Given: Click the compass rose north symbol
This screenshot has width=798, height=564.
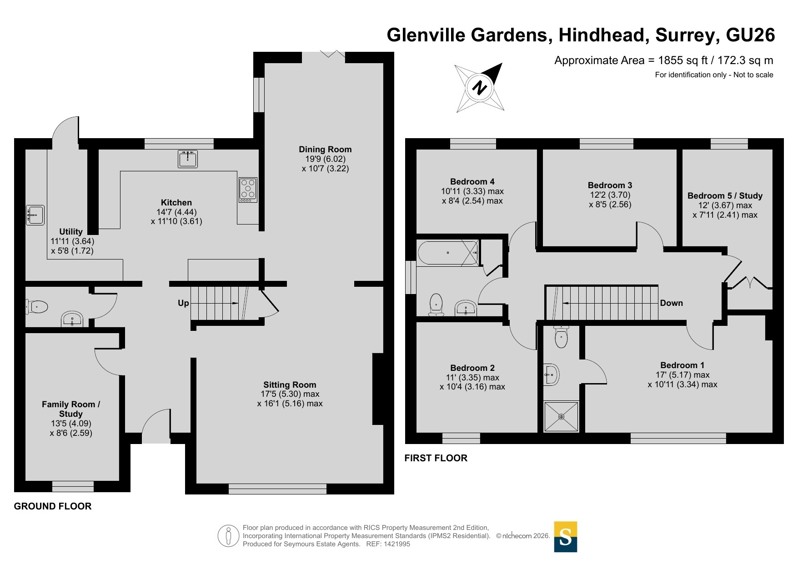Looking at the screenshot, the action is (480, 87).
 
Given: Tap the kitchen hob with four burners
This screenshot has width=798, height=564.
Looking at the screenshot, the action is (248, 190).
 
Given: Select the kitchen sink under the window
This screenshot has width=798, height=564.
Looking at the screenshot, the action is (188, 159).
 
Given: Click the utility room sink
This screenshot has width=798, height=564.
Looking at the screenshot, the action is (35, 215).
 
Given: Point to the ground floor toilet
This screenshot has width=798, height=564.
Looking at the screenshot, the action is (37, 307).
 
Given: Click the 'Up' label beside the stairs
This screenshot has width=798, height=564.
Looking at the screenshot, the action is (183, 303).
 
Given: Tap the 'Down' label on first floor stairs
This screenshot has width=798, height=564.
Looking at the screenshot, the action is (671, 303).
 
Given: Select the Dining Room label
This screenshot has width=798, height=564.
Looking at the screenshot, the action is (325, 149).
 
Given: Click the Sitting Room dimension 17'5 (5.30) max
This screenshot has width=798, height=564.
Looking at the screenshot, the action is (290, 394).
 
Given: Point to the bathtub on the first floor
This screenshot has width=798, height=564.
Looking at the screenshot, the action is (448, 253).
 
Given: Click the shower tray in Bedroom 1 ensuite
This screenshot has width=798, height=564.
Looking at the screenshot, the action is (562, 416).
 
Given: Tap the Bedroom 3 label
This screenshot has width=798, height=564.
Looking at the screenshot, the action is (610, 185).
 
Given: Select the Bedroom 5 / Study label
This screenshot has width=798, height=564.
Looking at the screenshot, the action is (725, 195).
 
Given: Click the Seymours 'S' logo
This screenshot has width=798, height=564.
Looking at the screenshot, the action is (566, 537).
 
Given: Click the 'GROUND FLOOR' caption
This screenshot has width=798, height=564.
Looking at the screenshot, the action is (53, 506).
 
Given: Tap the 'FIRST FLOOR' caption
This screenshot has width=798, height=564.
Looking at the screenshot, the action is (436, 458).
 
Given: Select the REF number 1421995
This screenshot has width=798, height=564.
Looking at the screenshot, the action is (397, 544).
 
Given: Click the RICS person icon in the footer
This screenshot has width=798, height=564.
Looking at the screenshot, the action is (228, 536).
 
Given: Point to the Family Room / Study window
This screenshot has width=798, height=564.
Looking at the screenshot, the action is (73, 486).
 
